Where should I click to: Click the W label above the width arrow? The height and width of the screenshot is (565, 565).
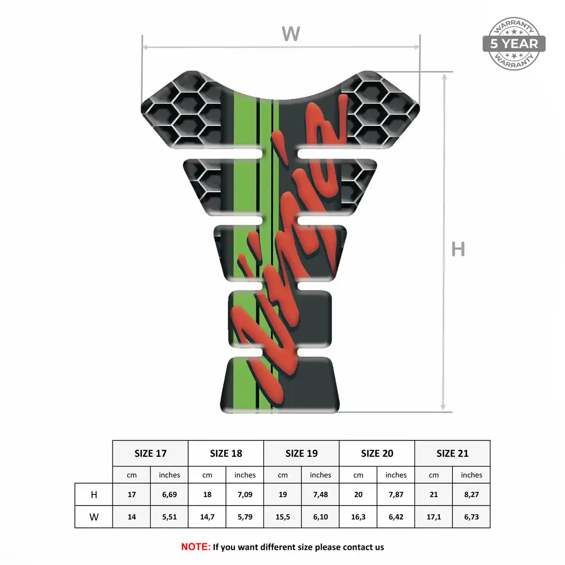click(291, 33)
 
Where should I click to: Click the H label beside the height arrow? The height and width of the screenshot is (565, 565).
click(458, 249)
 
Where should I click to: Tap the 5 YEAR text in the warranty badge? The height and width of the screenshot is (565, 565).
click(514, 44)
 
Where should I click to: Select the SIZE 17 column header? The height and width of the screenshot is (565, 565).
click(150, 453)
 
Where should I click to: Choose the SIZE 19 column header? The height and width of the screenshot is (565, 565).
click(301, 453)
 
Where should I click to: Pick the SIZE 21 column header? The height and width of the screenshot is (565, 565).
click(452, 453)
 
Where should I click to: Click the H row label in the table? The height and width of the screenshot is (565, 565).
click(94, 495)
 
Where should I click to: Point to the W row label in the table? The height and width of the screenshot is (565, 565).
click(94, 517)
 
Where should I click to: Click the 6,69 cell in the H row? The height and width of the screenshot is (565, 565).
click(169, 495)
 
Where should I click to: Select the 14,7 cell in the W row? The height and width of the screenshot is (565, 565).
click(207, 517)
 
